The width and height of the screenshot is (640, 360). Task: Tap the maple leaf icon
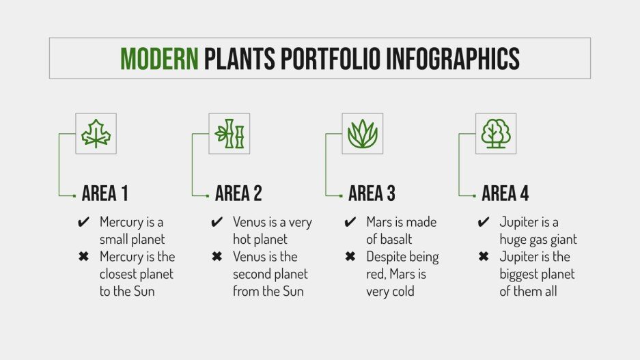[x=96, y=133]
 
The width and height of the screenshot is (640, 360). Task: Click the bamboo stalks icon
[x=229, y=133]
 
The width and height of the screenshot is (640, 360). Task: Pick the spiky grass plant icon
[x=363, y=133]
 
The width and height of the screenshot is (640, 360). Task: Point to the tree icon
[x=496, y=133]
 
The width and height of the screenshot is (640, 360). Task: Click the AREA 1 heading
[x=105, y=194]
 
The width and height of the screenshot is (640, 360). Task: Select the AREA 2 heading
[x=238, y=194]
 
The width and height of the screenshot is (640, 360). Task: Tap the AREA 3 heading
[x=372, y=194]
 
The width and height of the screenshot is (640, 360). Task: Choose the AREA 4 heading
[x=505, y=194]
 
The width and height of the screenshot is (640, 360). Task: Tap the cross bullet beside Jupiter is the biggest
[x=484, y=257]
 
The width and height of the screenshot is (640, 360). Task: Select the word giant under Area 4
[x=562, y=240]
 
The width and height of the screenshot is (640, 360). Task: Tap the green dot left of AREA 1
[x=74, y=195]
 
